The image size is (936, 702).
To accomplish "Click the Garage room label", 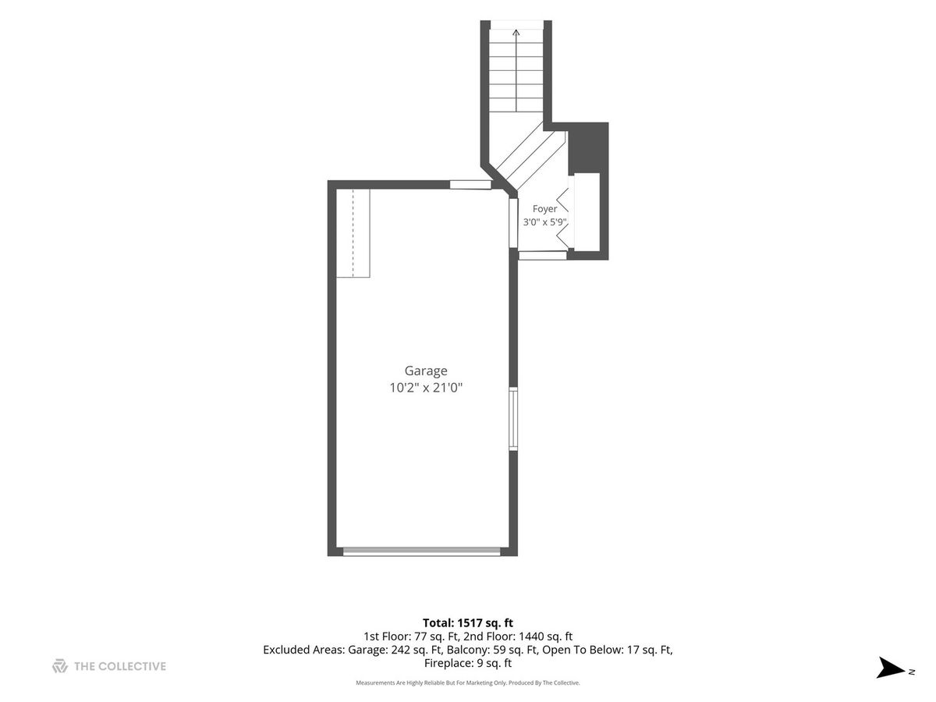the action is point(426,371).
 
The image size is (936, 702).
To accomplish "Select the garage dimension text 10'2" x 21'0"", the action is point(426,388).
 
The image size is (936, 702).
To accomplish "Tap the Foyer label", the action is point(544,209).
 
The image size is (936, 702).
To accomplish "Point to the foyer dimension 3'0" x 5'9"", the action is point(544,222).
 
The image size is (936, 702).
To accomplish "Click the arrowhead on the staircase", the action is point(516,33).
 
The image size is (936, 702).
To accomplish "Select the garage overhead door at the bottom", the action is point(421,551).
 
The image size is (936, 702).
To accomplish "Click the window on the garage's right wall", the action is point(513,419).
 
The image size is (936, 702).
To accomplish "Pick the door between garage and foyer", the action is point(513,223).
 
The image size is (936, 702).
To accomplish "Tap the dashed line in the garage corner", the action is point(353,233).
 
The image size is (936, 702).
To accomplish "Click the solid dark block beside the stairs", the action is point(588,147).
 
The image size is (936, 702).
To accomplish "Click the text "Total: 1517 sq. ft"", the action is point(468,622).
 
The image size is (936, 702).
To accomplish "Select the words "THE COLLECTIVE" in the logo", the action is point(120,666).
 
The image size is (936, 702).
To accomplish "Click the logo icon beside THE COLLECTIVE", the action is point(60,666).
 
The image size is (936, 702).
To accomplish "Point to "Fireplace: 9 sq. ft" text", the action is point(468,663).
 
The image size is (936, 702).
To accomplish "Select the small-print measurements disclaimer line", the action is point(468,682).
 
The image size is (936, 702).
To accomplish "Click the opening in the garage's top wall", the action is point(471,185).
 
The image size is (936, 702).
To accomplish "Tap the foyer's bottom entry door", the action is point(542,255).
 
